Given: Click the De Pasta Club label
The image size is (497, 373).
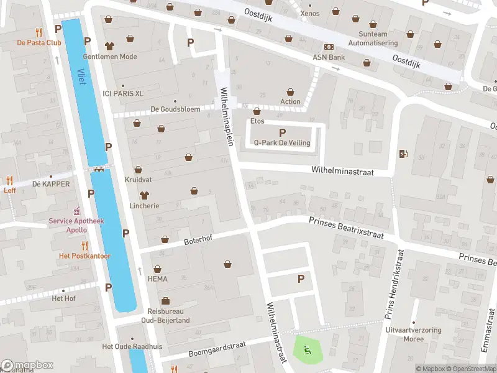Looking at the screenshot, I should point(39,42).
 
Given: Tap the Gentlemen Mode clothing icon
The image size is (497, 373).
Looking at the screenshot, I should point(110,45).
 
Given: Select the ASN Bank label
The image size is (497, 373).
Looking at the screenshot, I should point(328,57).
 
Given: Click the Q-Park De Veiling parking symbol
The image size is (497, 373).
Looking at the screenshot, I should point(283,132).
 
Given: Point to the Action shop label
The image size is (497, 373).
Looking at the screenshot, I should point(290,102).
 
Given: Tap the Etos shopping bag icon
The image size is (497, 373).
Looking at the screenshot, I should point(257,111).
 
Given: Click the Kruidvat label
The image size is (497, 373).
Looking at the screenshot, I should point(138,178).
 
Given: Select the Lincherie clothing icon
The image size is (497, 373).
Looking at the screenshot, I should point(145,195).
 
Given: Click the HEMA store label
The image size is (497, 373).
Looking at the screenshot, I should point(157,279).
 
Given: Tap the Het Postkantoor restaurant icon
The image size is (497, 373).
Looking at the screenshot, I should point(84,246).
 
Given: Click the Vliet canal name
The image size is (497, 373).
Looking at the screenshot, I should point(81,78).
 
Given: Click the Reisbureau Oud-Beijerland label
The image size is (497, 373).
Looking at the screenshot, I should point(168,316).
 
